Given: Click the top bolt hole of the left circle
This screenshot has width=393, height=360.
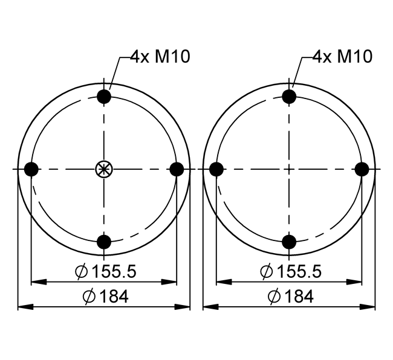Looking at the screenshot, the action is click(x=104, y=97).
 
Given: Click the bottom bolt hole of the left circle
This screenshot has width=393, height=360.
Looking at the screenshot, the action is click(x=104, y=242).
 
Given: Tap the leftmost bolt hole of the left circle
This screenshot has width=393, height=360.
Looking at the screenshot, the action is click(x=31, y=169).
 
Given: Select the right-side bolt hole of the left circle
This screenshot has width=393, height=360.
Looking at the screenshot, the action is click(x=177, y=169).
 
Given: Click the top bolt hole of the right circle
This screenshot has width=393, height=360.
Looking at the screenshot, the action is click(x=289, y=97).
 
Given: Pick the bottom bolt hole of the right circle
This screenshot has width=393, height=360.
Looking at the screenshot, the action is click(x=289, y=242).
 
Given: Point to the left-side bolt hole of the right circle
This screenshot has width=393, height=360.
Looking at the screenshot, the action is click(x=216, y=169).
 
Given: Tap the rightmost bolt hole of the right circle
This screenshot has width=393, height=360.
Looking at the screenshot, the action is click(x=362, y=169).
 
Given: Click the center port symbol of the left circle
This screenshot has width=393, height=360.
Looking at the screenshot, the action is click(x=104, y=169).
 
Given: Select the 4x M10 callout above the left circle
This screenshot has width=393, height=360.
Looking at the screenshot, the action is click(x=160, y=56).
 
